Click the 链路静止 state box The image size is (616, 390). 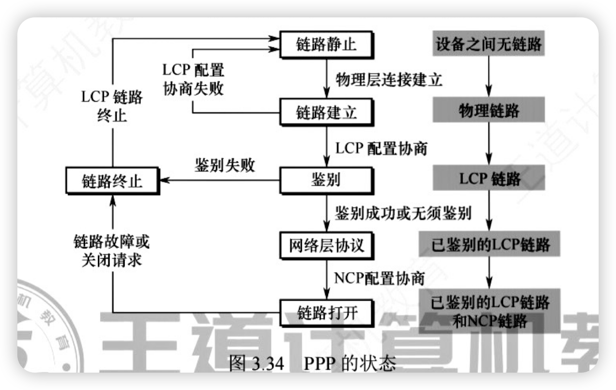coord(326,45)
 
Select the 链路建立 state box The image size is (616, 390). coord(326,113)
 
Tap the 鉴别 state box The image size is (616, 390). coord(326,180)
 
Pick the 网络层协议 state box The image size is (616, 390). coord(326,246)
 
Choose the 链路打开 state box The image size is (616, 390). coord(326,313)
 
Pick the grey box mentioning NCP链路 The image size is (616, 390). coord(489,311)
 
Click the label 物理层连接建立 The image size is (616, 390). coord(388,79)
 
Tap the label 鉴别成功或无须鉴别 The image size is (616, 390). coord(402,213)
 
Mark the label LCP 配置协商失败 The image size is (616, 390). coord(194,80)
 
